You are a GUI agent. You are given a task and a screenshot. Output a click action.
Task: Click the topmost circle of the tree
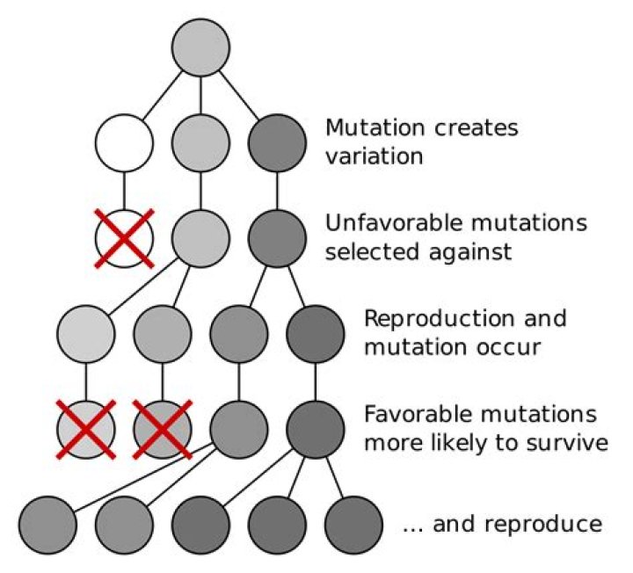[x=201, y=47]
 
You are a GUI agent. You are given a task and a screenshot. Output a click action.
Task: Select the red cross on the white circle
[x=124, y=237]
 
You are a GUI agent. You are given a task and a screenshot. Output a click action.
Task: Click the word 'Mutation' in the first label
[x=369, y=128]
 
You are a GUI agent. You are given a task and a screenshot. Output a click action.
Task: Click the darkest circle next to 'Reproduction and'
[x=316, y=332]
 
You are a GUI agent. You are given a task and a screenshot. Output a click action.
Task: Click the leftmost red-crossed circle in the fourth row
[x=85, y=427]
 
